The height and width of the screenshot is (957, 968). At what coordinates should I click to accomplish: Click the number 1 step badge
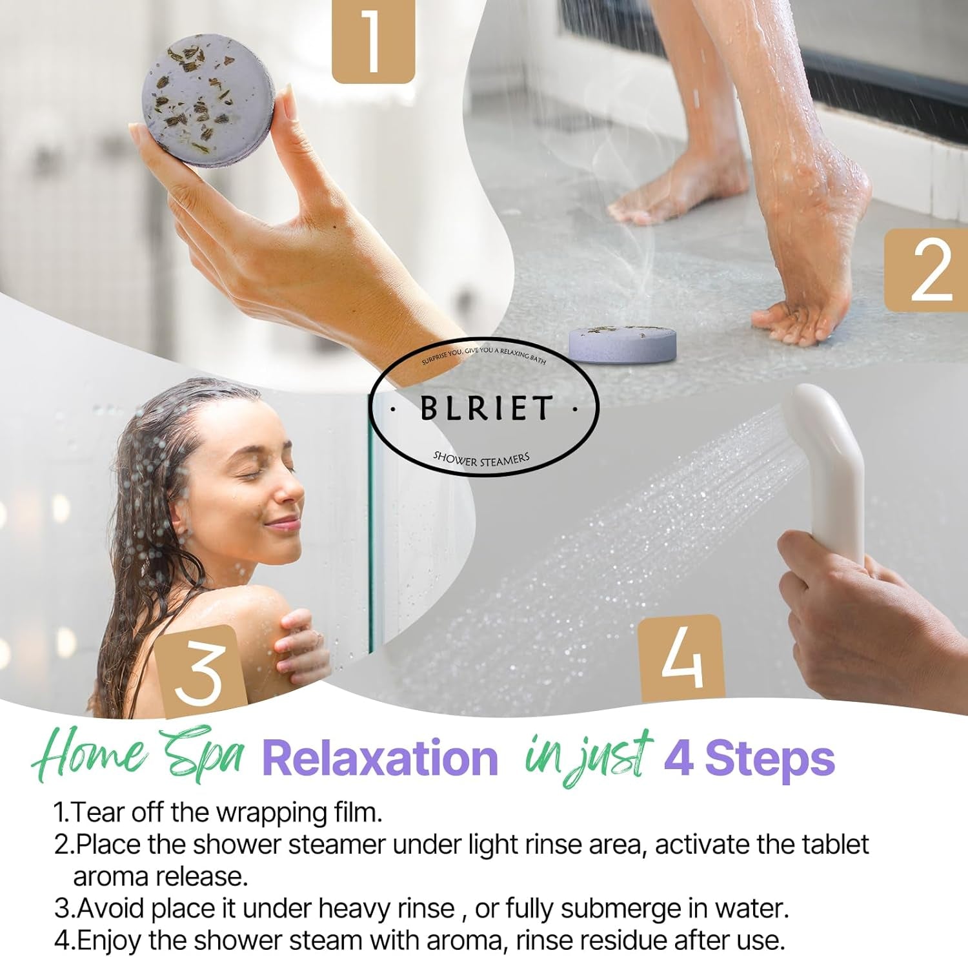pyautogui.click(x=373, y=41)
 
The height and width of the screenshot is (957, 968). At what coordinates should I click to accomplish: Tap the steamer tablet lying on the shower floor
pyautogui.click(x=622, y=344)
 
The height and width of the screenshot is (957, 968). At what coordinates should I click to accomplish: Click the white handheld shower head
pyautogui.click(x=827, y=465)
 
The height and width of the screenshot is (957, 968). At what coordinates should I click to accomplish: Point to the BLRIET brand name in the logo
pyautogui.click(x=485, y=407)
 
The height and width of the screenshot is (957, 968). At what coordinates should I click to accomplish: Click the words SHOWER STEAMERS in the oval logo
pyautogui.click(x=481, y=458)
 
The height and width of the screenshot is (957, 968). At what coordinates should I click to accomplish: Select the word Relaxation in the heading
pyautogui.click(x=380, y=758)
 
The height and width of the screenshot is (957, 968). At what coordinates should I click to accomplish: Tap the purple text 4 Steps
pyautogui.click(x=749, y=758)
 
